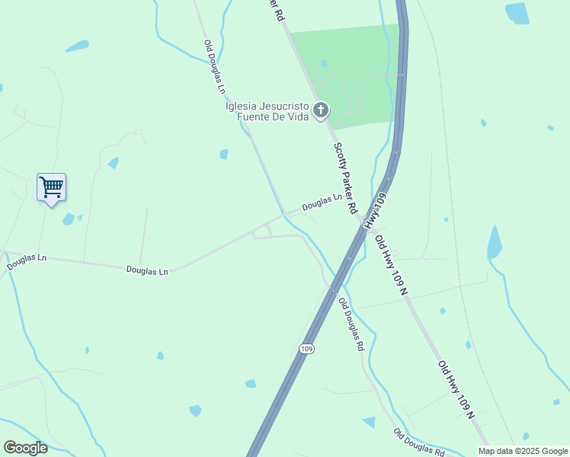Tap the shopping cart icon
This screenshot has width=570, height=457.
[51, 187]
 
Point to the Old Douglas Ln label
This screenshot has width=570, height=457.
[216, 67]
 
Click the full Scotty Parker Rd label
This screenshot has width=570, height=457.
[345, 177]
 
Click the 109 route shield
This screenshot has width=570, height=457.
[306, 349]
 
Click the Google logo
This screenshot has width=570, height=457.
[25, 448]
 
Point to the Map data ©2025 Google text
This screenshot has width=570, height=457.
[522, 451]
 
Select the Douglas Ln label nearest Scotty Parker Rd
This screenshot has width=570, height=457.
[322, 202]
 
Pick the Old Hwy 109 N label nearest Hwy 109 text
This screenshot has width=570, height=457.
[392, 264]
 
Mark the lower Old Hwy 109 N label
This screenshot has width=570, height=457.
[456, 389]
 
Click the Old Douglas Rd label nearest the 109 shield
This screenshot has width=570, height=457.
[351, 323]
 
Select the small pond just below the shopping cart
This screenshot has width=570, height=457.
[69, 219]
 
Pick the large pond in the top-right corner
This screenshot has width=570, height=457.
[517, 13]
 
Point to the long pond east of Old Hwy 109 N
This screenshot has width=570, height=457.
[495, 243]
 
